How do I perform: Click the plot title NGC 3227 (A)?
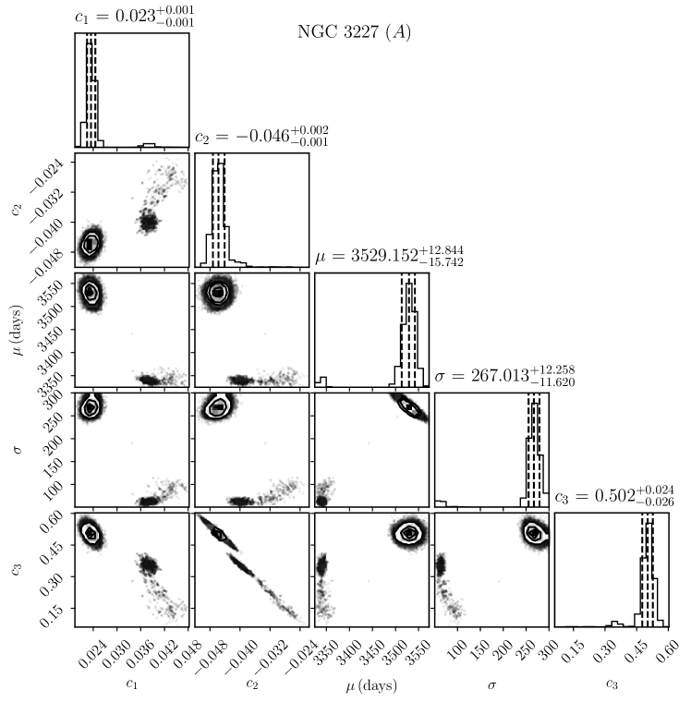point(354,31)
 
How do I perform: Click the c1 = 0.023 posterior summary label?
point(134,16)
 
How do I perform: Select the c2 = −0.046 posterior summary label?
point(262,136)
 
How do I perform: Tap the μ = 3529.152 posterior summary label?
point(389,256)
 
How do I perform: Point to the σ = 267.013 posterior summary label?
point(504,376)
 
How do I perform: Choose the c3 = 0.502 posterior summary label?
point(614,496)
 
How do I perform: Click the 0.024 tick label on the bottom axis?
point(93,655)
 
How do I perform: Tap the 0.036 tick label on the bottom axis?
point(140,655)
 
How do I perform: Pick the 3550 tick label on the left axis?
point(51,293)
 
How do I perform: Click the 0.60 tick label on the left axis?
point(52,523)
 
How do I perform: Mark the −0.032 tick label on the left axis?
point(46,206)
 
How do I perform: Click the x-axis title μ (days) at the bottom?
point(371,685)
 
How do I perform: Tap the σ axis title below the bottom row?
point(491,685)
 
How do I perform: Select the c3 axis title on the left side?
point(17,570)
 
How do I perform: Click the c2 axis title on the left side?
point(17,210)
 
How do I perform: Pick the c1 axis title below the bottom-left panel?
point(132,684)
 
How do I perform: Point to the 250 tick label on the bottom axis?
point(526,650)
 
